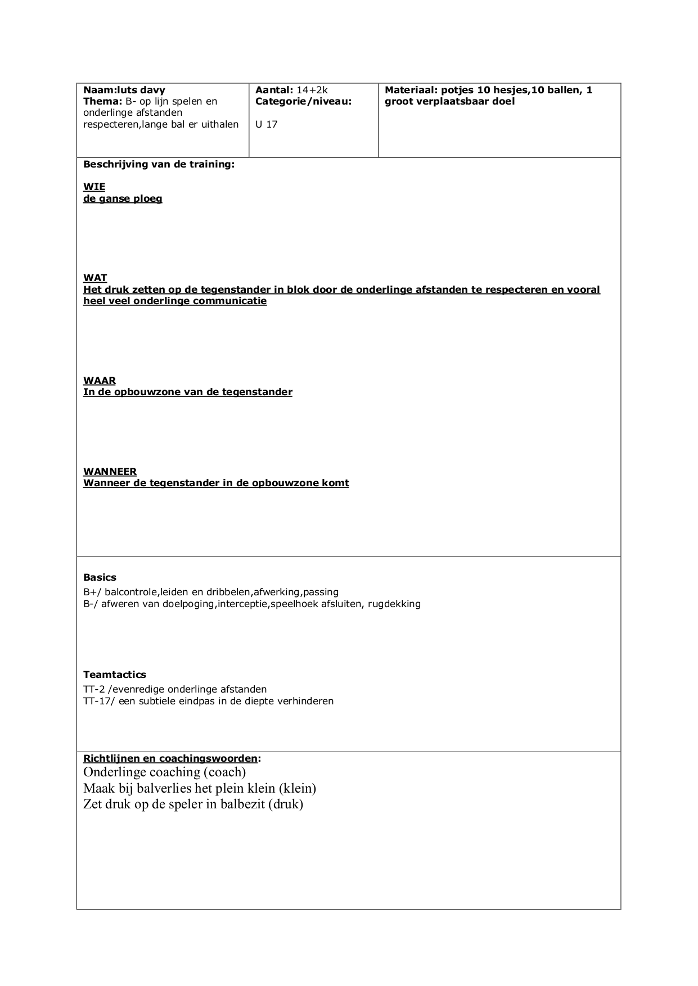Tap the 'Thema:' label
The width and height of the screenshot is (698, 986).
pos(102,101)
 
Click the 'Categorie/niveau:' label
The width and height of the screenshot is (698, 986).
pos(303,101)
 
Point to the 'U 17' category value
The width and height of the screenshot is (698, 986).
pos(266,124)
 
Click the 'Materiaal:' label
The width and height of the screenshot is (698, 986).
pos(411,90)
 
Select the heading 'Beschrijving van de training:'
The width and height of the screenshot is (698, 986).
pos(159,164)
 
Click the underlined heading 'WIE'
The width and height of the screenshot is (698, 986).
pos(94,187)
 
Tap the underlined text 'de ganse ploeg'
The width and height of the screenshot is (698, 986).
pos(123,198)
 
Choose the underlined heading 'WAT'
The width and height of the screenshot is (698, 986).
pos(95,278)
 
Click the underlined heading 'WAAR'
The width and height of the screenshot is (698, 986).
pos(100,381)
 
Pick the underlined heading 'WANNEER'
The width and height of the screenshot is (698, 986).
pos(110,472)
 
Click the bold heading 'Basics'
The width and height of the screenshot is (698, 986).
pos(100,577)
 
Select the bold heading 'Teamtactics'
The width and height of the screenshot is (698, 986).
pos(114,675)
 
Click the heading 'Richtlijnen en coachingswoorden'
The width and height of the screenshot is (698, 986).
pos(170,758)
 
